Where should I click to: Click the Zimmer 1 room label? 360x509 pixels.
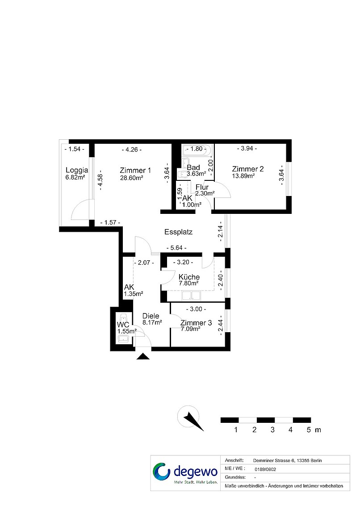[135, 170]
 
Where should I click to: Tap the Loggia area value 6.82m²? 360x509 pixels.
[75, 177]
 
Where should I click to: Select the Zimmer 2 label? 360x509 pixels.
[248, 169]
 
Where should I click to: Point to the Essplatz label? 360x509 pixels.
[178, 232]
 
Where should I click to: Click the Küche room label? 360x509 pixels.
[189, 277]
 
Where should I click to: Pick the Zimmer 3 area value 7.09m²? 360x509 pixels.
[190, 329]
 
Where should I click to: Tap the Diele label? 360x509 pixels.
[151, 316]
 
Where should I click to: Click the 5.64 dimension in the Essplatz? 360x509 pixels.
[176, 248]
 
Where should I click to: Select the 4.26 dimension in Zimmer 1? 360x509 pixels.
[131, 150]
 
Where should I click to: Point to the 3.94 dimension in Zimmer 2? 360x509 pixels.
[247, 148]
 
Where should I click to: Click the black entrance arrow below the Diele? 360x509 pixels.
[143, 356]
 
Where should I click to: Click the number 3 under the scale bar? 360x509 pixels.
[272, 430]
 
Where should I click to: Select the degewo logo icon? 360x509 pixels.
[162, 471]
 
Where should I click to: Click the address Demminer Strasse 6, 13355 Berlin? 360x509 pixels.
[287, 460]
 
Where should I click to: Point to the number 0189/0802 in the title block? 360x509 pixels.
[265, 469]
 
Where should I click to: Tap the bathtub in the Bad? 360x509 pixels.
[197, 149]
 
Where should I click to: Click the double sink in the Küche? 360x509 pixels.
[191, 296]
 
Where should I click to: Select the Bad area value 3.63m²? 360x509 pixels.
[197, 174]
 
